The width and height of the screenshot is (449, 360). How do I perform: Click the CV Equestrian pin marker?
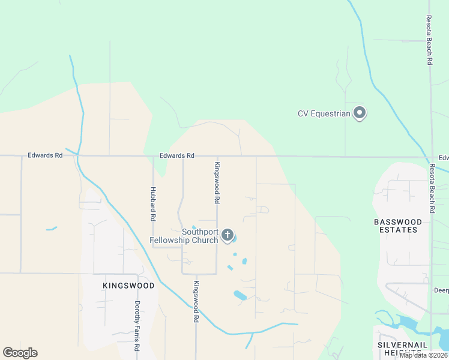point(360,113)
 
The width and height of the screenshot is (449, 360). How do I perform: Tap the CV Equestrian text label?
point(324,113)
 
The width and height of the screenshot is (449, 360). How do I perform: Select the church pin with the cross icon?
point(228,235)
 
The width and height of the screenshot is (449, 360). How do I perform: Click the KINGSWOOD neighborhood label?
point(128,286)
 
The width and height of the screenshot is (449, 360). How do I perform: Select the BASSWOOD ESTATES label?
point(399,226)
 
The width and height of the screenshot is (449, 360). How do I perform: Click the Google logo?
point(20,353)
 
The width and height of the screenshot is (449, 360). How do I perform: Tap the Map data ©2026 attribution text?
point(423,355)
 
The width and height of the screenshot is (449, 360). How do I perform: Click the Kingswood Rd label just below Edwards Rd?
point(217,181)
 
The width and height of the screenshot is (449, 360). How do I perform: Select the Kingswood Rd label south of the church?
point(196,302)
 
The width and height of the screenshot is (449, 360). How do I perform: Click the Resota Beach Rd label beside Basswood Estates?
point(432,188)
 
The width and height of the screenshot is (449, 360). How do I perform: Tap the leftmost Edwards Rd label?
point(45,155)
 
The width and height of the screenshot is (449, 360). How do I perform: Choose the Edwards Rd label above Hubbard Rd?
point(177,156)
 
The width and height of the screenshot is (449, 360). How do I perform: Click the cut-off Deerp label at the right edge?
point(441,289)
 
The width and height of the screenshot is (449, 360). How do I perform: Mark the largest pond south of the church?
point(240,295)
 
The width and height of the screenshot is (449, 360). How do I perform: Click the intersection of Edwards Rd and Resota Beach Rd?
point(431,158)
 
